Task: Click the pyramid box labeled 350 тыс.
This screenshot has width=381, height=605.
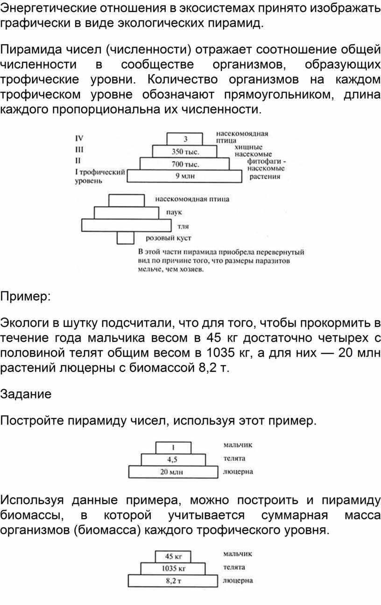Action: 185,151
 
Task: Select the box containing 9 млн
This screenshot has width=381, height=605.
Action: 185,176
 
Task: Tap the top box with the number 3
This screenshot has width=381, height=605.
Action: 185,139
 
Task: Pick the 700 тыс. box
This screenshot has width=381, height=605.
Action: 185,164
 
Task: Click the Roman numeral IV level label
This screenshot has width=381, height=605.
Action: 79,138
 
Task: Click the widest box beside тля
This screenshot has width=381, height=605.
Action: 126,225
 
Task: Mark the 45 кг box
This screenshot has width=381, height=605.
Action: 173,556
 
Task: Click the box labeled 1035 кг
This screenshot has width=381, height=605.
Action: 173,569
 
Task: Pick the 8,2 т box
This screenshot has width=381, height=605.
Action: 173,581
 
